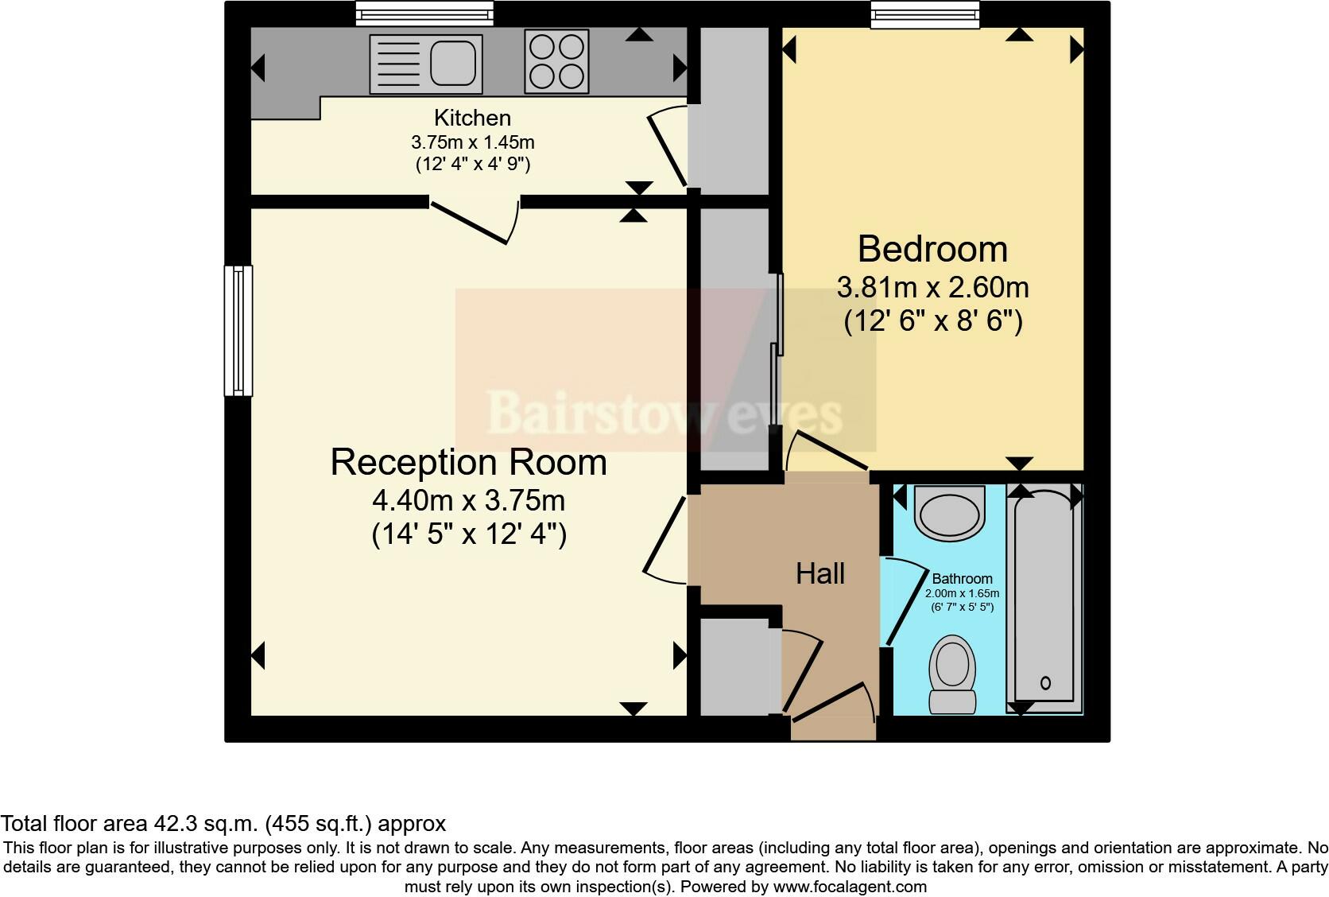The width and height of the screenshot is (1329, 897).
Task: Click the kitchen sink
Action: (x=426, y=63)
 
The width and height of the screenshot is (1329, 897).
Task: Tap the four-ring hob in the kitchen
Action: (x=556, y=62)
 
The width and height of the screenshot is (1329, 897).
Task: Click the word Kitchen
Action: (x=472, y=118)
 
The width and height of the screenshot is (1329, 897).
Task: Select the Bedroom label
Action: (x=932, y=249)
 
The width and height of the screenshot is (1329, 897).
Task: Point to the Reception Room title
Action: (x=468, y=463)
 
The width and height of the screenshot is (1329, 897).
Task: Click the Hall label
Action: (x=820, y=573)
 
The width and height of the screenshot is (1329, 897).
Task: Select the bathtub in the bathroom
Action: (x=1044, y=598)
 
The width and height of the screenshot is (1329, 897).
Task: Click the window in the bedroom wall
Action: (x=924, y=14)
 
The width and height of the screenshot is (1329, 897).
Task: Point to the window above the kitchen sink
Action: (x=424, y=13)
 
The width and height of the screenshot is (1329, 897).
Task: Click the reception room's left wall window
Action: (x=238, y=330)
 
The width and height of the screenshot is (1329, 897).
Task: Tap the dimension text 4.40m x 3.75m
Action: (x=468, y=501)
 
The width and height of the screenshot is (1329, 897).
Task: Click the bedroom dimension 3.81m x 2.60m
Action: (x=932, y=286)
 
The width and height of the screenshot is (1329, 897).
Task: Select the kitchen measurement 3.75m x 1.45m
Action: (x=472, y=142)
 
